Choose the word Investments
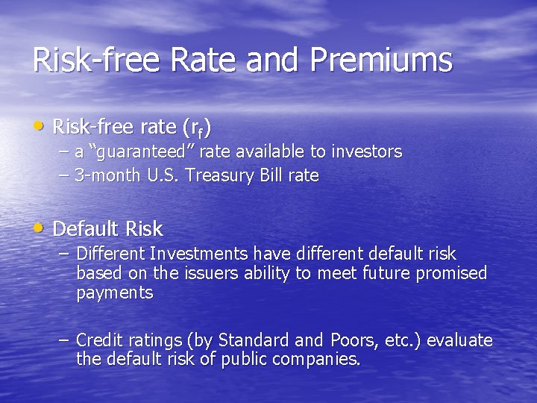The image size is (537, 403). click(200, 254)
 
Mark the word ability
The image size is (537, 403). click(264, 273)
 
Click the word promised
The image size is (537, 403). click(451, 273)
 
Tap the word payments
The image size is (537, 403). click(114, 293)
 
